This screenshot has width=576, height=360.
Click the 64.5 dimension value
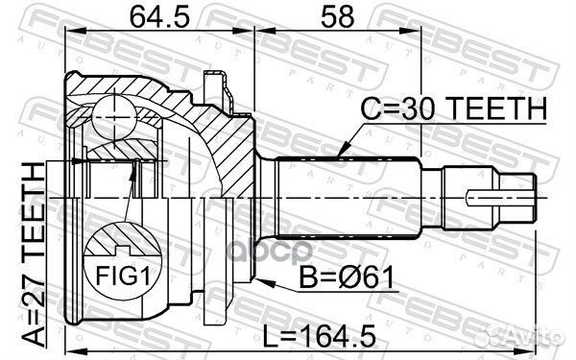160,17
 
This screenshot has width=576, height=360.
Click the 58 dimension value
338,17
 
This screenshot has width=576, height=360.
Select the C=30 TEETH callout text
454,108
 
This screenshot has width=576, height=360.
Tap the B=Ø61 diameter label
347,277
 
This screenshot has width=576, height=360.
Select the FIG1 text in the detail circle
123,276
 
